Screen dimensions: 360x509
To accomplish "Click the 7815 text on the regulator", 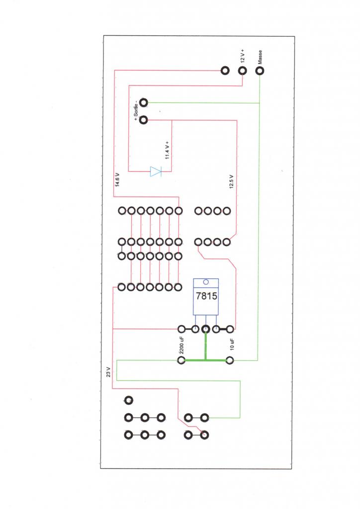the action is coord(206,297).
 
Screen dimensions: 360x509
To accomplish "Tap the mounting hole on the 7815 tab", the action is coord(206,282).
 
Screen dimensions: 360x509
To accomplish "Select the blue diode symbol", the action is coord(156,172).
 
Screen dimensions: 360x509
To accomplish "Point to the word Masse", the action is coord(260,57).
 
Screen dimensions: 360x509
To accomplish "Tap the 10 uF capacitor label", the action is coord(231,343).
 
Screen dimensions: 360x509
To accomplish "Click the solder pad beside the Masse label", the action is coord(260,71).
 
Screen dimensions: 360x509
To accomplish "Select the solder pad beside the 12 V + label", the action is coord(243,71).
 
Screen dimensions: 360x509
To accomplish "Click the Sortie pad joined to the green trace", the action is coord(144,103).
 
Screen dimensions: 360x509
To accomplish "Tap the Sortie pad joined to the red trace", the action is coord(144,120).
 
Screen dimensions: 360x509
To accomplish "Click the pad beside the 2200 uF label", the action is coord(181,360).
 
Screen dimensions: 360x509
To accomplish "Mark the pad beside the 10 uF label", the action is coord(230,360).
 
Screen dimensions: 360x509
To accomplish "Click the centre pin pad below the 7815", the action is coord(205,329).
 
